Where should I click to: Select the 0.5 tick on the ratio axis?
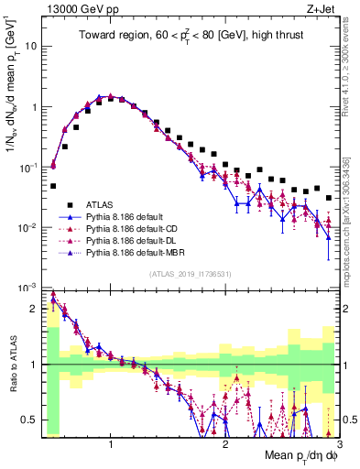[x=29, y=420]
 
